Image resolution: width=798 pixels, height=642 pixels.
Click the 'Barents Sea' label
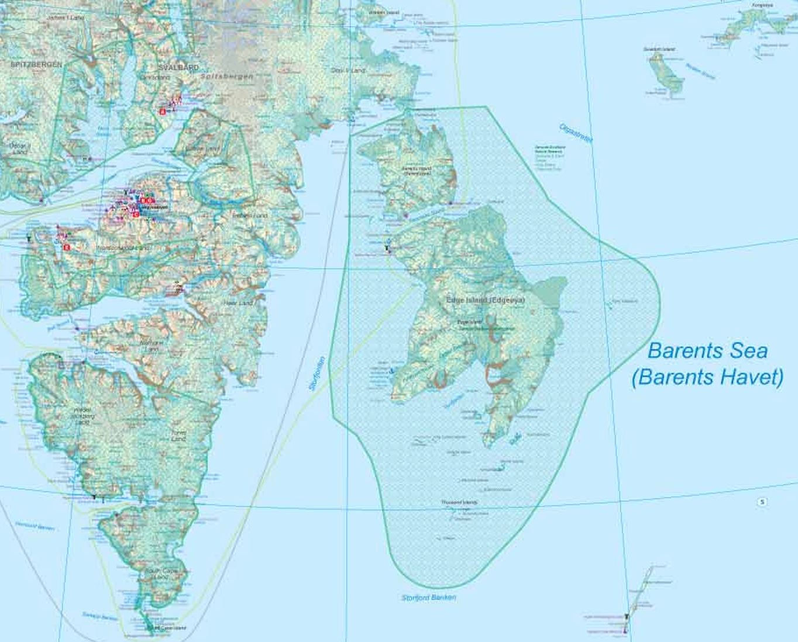click(x=707, y=351)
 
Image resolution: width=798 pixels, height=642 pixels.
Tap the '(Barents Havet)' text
click(x=707, y=377)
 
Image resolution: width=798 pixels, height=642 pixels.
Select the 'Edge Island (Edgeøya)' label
click(x=486, y=300)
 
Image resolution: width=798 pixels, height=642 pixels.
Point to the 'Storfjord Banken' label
click(x=429, y=598)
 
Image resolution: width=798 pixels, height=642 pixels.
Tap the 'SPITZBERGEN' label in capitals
click(x=36, y=65)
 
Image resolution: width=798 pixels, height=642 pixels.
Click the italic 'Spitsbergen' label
click(x=226, y=77)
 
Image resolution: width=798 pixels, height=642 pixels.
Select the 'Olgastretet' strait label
click(x=576, y=132)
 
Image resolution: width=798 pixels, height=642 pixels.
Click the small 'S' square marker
click(x=762, y=502)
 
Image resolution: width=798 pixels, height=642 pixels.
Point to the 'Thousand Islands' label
click(x=459, y=502)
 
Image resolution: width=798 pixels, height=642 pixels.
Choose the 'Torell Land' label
click(x=178, y=436)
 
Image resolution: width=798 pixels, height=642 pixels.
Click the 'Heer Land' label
click(x=238, y=303)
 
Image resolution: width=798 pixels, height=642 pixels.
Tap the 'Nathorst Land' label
click(x=152, y=346)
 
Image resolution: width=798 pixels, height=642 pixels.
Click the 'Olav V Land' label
click(x=348, y=70)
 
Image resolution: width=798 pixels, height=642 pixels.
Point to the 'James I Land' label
click(x=66, y=18)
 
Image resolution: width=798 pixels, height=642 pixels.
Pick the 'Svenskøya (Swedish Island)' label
click(x=659, y=50)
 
